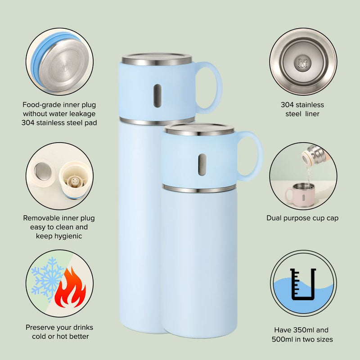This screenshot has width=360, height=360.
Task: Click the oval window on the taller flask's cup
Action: [157, 95]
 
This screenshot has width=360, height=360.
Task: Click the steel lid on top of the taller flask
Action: [157, 59]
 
